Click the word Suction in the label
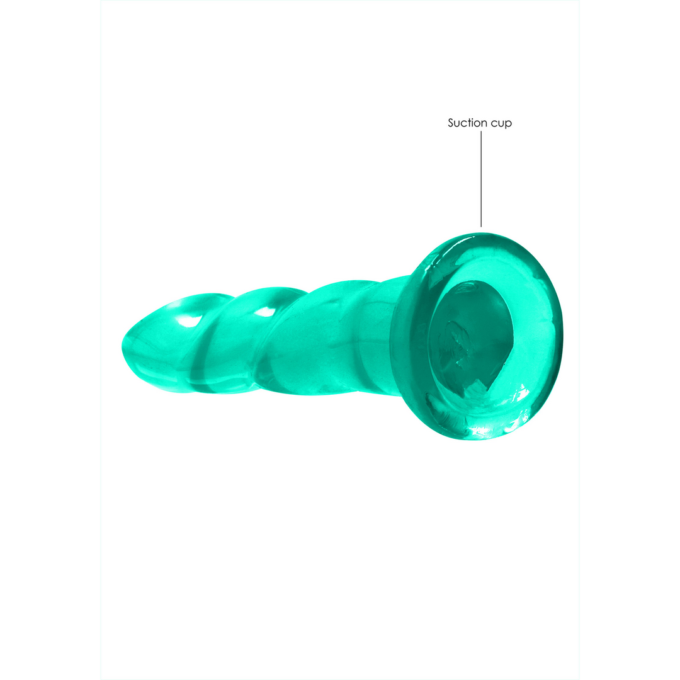(x=467, y=123)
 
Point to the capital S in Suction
(x=451, y=123)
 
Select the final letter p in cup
(x=509, y=125)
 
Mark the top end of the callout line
(x=482, y=132)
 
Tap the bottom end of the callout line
(x=482, y=225)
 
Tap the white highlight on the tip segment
(x=186, y=322)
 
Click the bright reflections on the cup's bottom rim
(x=497, y=428)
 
